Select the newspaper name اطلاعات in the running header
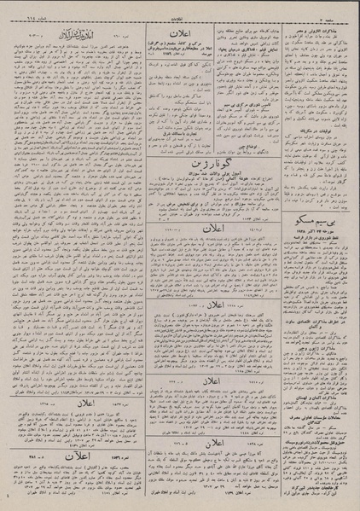pyautogui.click(x=180, y=7)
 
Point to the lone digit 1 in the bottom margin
pyautogui.click(x=5, y=496)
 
